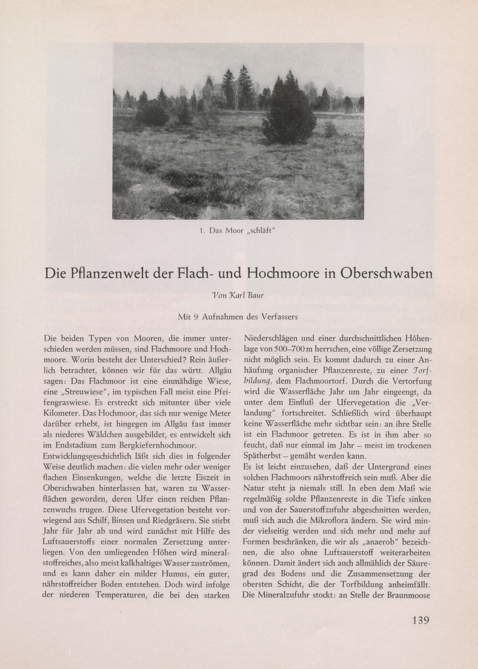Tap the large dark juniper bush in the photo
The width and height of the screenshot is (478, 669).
[x=287, y=112]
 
